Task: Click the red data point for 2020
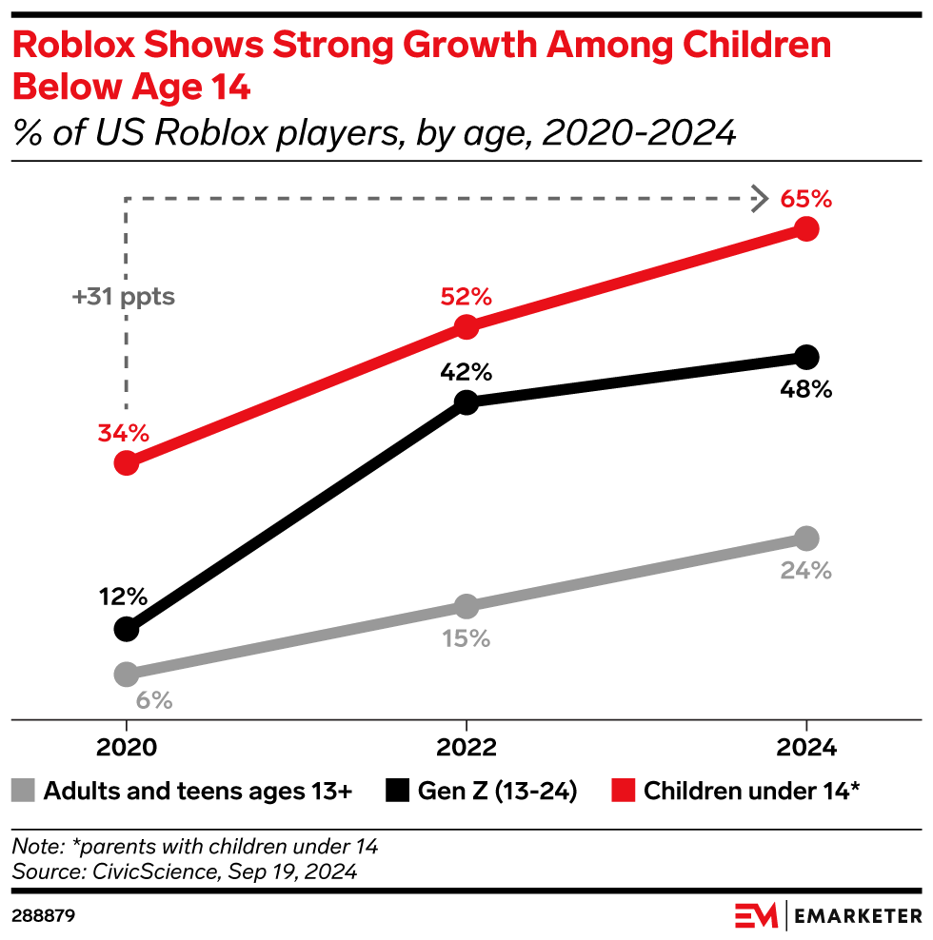click(126, 463)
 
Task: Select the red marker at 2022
click(466, 327)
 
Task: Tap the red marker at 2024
click(806, 229)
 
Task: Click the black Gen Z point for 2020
click(126, 629)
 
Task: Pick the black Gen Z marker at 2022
click(466, 402)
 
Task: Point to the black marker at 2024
click(806, 357)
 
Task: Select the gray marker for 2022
click(466, 606)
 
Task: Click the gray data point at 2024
click(806, 539)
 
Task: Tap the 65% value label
click(806, 200)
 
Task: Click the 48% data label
click(806, 389)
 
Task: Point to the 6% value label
click(153, 701)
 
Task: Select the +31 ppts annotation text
click(124, 297)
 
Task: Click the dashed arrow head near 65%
click(759, 200)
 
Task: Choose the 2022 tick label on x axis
click(466, 747)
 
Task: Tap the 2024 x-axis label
click(806, 747)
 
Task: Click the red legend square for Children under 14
click(623, 791)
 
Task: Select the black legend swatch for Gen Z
click(399, 791)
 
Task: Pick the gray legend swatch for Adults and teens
click(24, 791)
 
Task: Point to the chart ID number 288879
click(43, 916)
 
